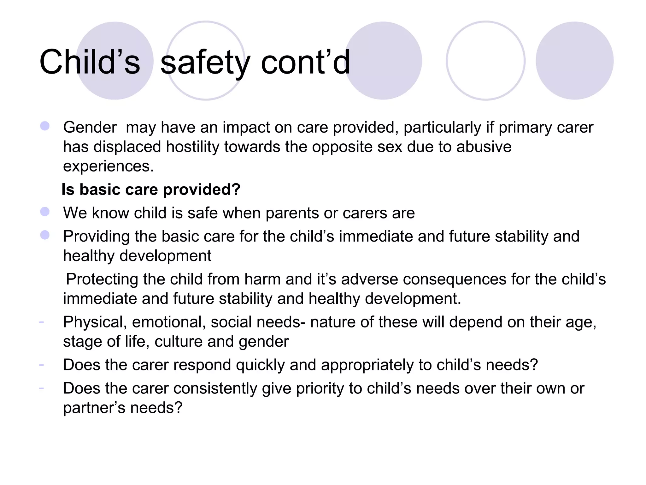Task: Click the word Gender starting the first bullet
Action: tap(90, 128)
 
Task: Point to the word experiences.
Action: tap(108, 166)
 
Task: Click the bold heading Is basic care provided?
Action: tap(151, 190)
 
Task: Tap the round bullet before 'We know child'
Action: tap(45, 212)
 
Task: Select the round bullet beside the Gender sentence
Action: tap(45, 126)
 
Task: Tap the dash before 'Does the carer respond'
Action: tap(41, 365)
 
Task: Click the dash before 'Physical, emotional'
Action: tap(41, 322)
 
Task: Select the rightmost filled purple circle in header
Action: tap(574, 61)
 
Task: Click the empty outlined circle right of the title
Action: tap(485, 61)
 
